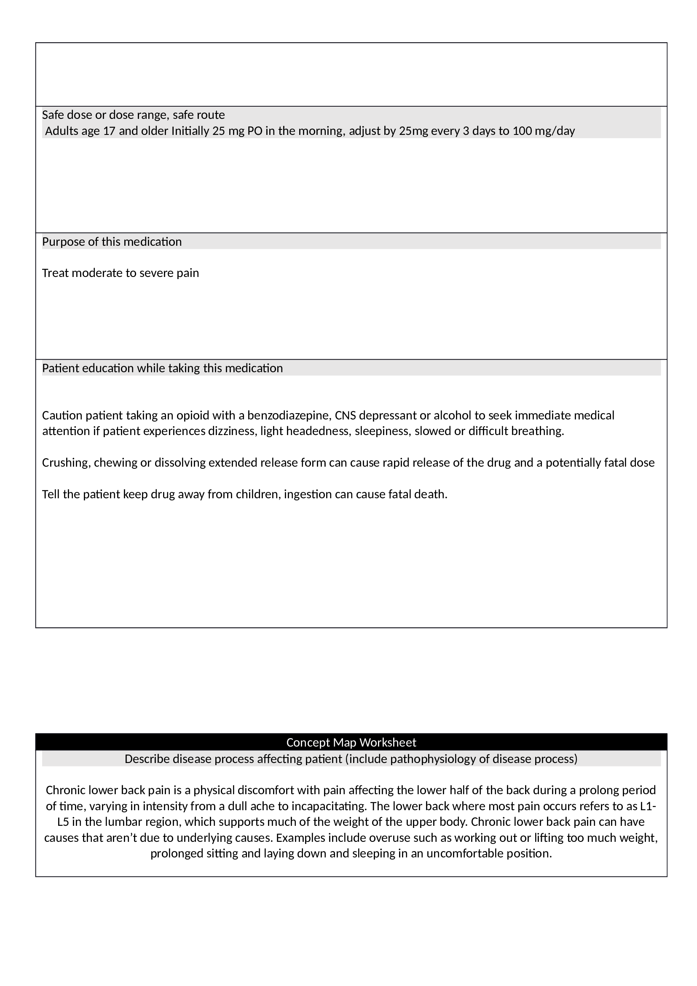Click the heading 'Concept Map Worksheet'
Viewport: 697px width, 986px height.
point(351,742)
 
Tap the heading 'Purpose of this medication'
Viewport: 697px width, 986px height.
point(112,242)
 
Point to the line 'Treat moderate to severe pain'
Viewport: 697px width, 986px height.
point(120,273)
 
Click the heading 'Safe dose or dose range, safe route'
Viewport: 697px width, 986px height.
point(133,115)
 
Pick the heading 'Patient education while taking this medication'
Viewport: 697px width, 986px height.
point(162,368)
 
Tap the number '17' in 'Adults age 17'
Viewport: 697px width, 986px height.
point(109,131)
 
